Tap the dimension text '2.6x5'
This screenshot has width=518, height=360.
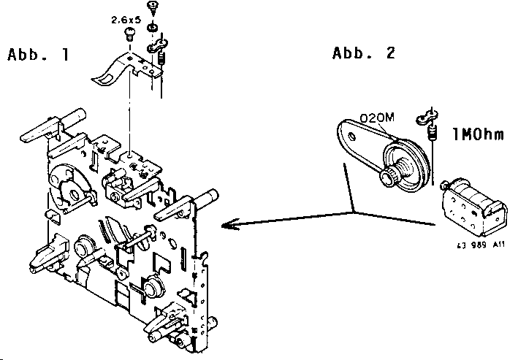click(126, 21)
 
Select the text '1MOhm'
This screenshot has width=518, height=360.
click(478, 134)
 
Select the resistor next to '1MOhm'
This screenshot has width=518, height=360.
click(432, 135)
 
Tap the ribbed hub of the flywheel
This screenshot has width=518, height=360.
click(389, 177)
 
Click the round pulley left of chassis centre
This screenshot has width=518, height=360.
click(82, 248)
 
